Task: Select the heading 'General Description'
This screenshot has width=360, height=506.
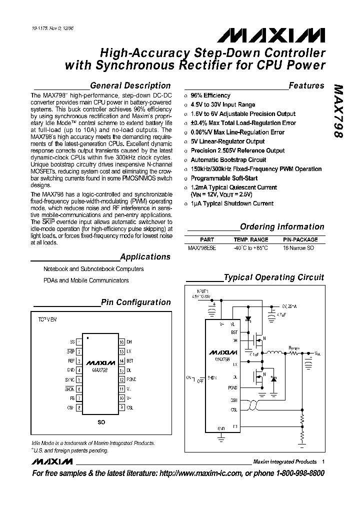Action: pyautogui.click(x=130, y=85)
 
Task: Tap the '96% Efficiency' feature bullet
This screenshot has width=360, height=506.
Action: pyautogui.click(x=210, y=95)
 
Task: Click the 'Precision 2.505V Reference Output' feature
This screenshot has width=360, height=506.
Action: pyautogui.click(x=237, y=150)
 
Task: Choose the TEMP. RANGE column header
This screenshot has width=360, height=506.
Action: pyautogui.click(x=251, y=239)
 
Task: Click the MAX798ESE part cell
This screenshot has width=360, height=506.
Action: pyautogui.click(x=202, y=247)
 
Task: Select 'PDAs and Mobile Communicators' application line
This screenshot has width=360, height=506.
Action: pyautogui.click(x=86, y=280)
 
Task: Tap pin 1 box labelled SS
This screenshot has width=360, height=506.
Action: pyautogui.click(x=79, y=342)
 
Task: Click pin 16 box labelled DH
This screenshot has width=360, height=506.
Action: pyautogui.click(x=121, y=342)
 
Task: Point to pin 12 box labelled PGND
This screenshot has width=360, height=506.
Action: pyautogui.click(x=121, y=379)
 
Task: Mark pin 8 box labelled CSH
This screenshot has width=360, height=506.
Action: pyautogui.click(x=79, y=407)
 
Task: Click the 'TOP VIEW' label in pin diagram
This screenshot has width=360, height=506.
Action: pyautogui.click(x=48, y=318)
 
